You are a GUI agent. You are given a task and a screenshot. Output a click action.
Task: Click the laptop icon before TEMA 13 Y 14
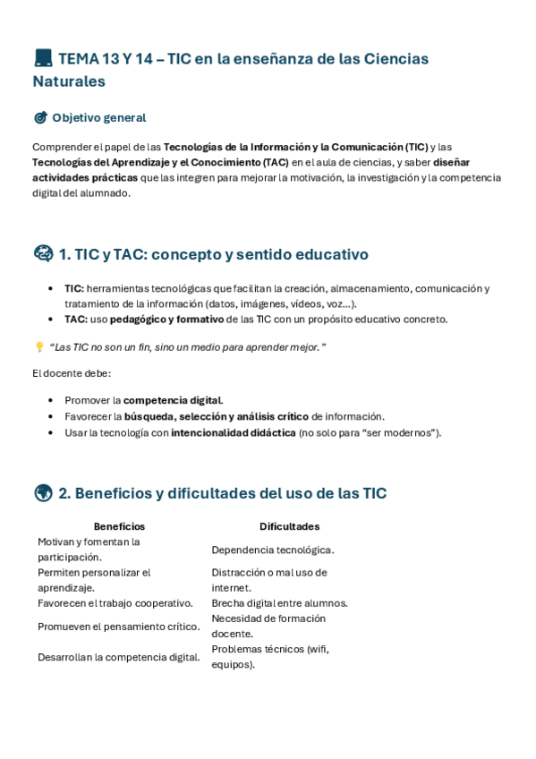coord(43,59)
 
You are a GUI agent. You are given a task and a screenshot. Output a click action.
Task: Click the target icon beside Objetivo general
coord(40,118)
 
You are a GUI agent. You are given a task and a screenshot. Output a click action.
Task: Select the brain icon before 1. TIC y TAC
coord(43,254)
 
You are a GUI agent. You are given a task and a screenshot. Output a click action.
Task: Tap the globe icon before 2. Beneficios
coord(43,493)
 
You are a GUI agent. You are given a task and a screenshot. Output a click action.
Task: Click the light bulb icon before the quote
coord(38,347)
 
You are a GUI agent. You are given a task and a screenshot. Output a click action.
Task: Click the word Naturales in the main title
coord(69,81)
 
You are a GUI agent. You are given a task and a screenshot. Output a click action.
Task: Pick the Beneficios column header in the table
coord(119,526)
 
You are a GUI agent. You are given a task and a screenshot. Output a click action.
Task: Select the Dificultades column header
coord(289,526)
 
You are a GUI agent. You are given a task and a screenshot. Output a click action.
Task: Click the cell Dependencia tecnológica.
coord(273,550)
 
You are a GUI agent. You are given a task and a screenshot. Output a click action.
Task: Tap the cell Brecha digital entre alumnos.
coord(279,603)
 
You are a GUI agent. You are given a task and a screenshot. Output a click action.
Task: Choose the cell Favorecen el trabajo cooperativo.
coord(115,603)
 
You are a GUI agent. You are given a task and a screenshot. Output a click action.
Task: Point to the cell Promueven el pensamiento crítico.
coord(119,627)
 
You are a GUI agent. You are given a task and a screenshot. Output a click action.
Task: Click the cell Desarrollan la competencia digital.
coord(119,657)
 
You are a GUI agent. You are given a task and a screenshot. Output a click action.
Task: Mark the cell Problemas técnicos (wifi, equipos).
coord(269,657)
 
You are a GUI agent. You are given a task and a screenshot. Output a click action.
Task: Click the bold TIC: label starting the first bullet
coord(74,288)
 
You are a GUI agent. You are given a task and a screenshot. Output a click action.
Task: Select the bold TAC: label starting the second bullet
coord(75,319)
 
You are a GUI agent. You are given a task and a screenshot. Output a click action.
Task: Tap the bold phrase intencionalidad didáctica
coord(233,432)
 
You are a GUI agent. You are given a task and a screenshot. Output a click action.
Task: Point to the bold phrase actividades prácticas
coord(85,177)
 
